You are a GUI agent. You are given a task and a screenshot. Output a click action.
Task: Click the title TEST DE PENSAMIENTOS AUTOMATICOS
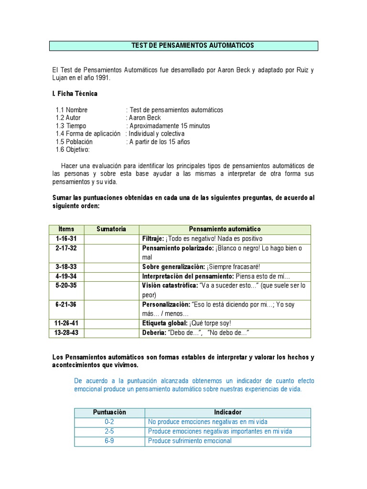pyautogui.click(x=193, y=45)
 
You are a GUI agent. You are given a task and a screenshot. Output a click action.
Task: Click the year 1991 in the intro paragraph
pyautogui.click(x=102, y=78)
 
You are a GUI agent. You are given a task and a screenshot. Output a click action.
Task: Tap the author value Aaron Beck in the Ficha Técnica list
pyautogui.click(x=145, y=117)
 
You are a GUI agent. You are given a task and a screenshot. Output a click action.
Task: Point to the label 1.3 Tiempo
pyautogui.click(x=71, y=126)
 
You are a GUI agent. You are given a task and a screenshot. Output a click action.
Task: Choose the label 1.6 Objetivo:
pyautogui.click(x=73, y=149)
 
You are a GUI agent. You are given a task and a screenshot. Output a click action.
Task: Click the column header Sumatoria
pyautogui.click(x=111, y=229)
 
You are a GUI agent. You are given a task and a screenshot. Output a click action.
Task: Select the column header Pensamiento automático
pyautogui.click(x=225, y=229)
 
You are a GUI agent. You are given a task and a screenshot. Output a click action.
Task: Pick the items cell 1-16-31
pyautogui.click(x=66, y=238)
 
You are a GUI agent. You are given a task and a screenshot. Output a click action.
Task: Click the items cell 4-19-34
pyautogui.click(x=66, y=276)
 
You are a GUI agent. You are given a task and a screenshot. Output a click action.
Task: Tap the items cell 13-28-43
pyautogui.click(x=66, y=332)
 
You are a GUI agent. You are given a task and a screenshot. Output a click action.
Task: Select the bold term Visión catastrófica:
pyautogui.click(x=170, y=285)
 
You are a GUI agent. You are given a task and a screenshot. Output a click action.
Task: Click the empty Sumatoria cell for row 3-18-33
pyautogui.click(x=111, y=266)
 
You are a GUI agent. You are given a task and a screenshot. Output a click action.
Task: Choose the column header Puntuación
pyautogui.click(x=109, y=412)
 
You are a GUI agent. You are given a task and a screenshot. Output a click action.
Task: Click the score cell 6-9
pyautogui.click(x=109, y=441)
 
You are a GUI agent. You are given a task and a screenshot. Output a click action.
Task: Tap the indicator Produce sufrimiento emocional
pyautogui.click(x=190, y=441)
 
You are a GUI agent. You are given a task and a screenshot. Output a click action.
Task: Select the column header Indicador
pyautogui.click(x=228, y=412)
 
